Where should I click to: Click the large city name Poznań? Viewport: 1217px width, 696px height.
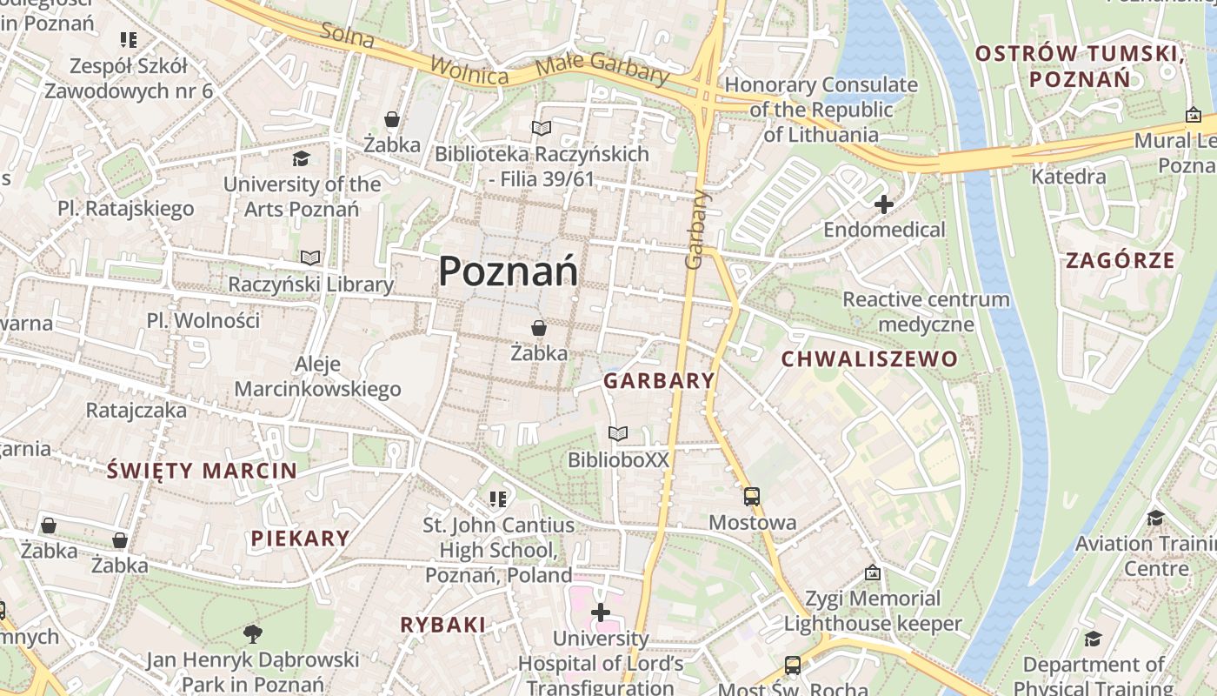[x=509, y=272]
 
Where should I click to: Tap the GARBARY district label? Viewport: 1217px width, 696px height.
[x=659, y=381]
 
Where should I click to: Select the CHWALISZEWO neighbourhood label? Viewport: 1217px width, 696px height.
[x=869, y=359]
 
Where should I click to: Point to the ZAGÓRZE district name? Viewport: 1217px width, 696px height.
[x=1121, y=260]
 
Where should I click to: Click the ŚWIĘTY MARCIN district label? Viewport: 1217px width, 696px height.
[x=202, y=472]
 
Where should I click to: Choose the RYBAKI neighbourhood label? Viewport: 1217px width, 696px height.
[x=442, y=625]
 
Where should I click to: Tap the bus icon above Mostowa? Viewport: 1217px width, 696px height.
[x=752, y=497]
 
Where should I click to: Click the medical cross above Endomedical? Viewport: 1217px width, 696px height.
[x=884, y=205]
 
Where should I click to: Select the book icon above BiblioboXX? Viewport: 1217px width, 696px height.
[x=618, y=433]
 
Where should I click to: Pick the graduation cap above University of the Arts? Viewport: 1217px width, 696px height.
[x=301, y=158]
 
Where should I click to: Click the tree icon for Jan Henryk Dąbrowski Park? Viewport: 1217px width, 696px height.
[x=253, y=633]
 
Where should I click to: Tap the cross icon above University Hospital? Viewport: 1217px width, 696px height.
[x=600, y=612]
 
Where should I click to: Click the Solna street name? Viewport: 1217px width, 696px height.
[x=348, y=35]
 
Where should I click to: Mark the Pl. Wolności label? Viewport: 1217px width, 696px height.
[x=203, y=320]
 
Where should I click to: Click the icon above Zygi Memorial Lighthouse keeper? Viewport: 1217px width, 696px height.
[x=873, y=572]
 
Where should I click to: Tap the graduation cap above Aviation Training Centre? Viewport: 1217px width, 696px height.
[x=1155, y=518]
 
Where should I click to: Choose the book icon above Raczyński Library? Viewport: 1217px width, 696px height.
[x=310, y=258]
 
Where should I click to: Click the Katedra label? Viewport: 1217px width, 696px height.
[x=1068, y=177]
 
